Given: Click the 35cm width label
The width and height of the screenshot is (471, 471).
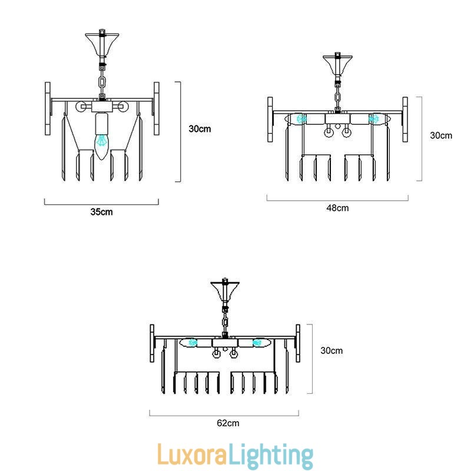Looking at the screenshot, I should pyautogui.click(x=101, y=212).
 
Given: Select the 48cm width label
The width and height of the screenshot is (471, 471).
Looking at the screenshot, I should pyautogui.click(x=337, y=208).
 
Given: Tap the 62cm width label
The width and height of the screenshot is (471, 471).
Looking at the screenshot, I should pyautogui.click(x=228, y=423).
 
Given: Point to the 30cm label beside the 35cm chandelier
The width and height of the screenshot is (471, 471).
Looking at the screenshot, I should pyautogui.click(x=200, y=129).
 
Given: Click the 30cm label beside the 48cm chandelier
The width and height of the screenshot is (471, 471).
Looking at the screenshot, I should pyautogui.click(x=441, y=135).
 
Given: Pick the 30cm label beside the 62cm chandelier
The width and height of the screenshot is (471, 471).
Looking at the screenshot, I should pyautogui.click(x=331, y=350).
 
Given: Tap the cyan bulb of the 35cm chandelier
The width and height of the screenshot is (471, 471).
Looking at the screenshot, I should pyautogui.click(x=102, y=141).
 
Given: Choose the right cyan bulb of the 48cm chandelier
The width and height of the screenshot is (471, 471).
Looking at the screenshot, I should pyautogui.click(x=373, y=119).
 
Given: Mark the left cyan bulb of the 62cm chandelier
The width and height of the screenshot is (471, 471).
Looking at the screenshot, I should pyautogui.click(x=192, y=342).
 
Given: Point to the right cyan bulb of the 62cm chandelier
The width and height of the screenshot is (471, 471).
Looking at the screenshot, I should pyautogui.click(x=257, y=342).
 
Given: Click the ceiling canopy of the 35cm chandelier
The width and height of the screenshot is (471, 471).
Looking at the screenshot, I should pyautogui.click(x=102, y=42).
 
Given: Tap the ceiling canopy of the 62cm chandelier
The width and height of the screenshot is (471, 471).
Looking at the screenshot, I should pyautogui.click(x=224, y=291).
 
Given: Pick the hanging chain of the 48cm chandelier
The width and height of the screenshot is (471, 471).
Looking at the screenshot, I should pyautogui.click(x=338, y=94).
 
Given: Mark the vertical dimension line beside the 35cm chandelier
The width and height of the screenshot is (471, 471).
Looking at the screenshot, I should pyautogui.click(x=180, y=131).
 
